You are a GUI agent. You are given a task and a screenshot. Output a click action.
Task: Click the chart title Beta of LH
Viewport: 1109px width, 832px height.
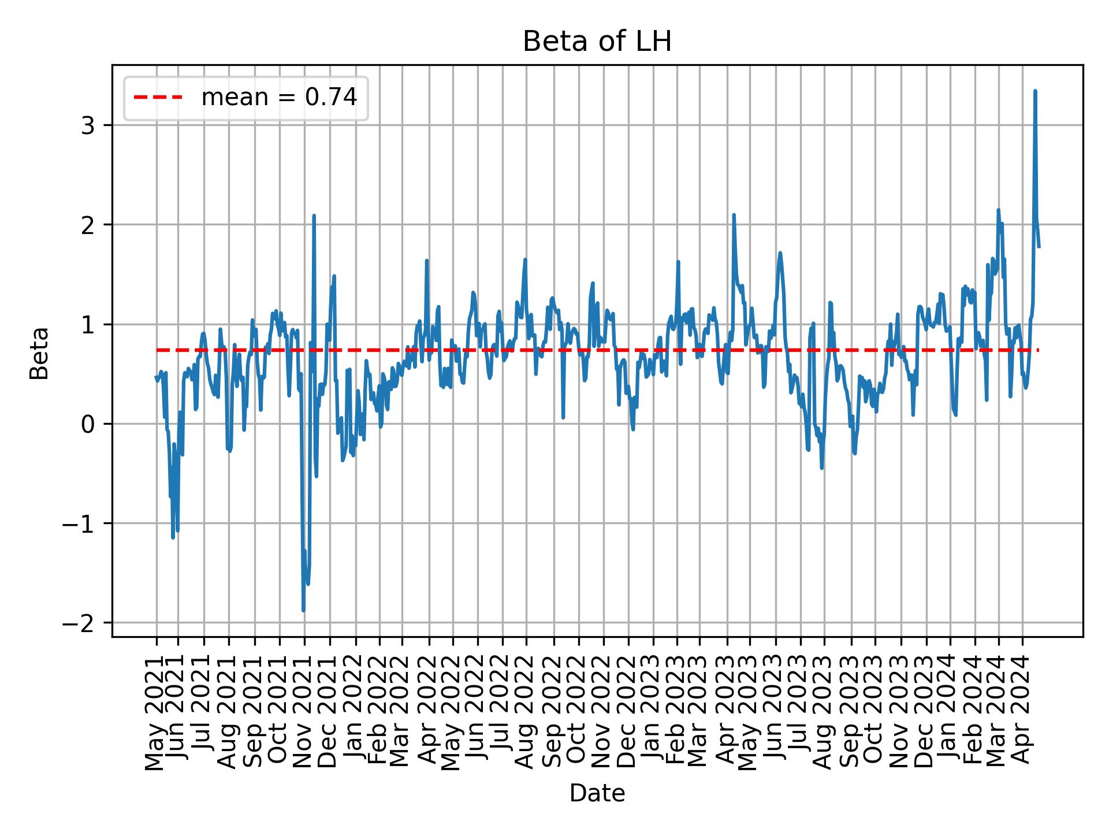tap(597, 42)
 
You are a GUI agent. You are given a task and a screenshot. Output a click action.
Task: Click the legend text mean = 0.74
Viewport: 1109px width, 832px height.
tap(279, 98)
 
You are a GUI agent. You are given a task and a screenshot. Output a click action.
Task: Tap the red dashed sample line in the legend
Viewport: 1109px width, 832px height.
tap(158, 98)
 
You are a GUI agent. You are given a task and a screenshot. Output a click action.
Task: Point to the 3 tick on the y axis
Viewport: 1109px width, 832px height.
tap(87, 125)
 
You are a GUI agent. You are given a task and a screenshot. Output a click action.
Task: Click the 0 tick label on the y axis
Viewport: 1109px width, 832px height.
tap(87, 424)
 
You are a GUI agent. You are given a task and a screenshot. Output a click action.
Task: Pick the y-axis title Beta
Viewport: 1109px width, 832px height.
tap(39, 353)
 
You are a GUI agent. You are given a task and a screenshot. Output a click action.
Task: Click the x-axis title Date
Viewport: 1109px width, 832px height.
tap(597, 793)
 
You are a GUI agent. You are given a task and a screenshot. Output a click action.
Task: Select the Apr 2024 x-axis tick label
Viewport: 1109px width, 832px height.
tap(1022, 714)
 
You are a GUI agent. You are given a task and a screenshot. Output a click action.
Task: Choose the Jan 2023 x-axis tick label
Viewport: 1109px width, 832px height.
tap(652, 714)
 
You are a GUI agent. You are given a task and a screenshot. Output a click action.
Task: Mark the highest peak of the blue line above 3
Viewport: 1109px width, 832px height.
tap(1035, 91)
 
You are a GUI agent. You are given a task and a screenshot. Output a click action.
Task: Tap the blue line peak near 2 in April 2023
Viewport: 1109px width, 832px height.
tap(734, 215)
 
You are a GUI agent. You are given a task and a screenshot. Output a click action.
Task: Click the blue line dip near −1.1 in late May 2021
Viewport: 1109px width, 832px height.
tap(173, 537)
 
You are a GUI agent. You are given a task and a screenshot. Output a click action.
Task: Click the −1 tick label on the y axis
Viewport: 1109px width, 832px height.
tap(79, 523)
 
